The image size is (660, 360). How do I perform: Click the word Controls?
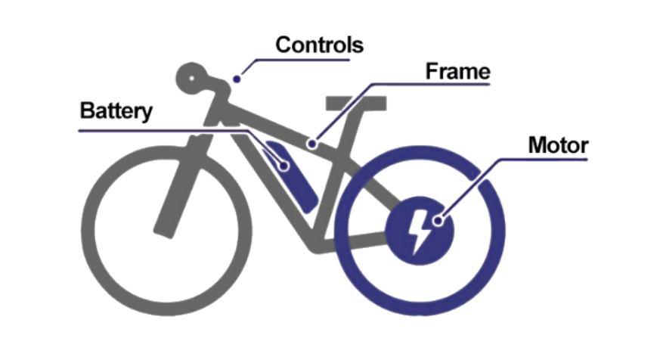pyautogui.click(x=319, y=45)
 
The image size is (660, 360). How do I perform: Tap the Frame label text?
pyautogui.click(x=458, y=72)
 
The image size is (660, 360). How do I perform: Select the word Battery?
pyautogui.click(x=116, y=112)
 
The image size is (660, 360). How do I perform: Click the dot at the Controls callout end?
pyautogui.click(x=237, y=77)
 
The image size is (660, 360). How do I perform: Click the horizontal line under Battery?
pyautogui.click(x=151, y=130)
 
